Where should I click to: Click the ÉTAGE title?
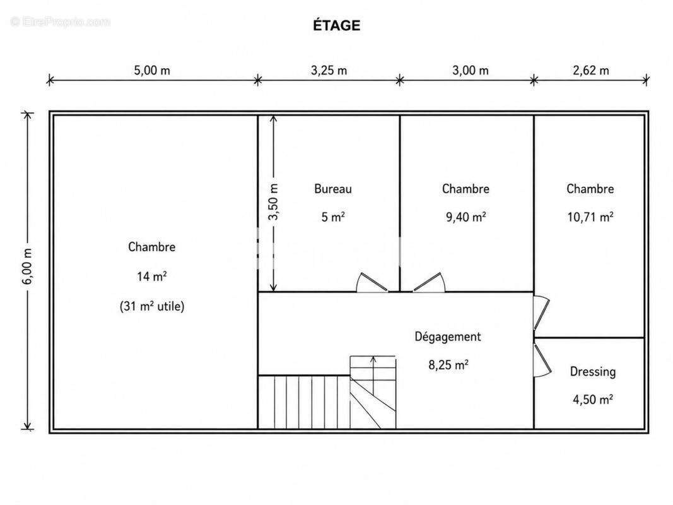[337, 25]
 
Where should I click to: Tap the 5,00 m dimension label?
[152, 70]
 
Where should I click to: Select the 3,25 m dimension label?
[329, 70]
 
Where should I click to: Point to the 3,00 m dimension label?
[471, 70]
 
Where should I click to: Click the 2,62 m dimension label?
[590, 70]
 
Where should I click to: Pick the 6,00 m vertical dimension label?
[27, 266]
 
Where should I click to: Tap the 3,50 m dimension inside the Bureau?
[273, 202]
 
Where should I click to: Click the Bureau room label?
[333, 189]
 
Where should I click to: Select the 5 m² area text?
[333, 217]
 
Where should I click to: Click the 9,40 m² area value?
[465, 217]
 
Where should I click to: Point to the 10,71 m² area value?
[590, 217]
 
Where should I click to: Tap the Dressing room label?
[593, 372]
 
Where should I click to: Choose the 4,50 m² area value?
[593, 400]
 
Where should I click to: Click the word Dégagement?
[448, 336]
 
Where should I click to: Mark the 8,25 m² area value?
[448, 365]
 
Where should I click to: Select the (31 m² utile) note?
[152, 306]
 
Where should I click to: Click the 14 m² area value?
[152, 276]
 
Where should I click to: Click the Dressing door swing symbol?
[542, 360]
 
